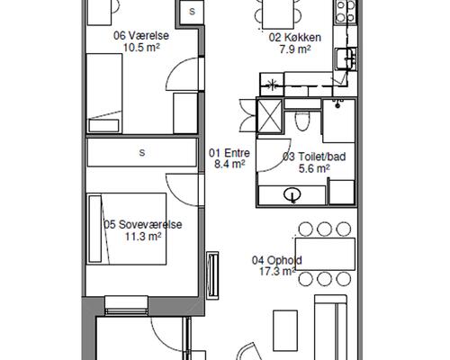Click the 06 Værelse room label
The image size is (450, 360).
click(x=141, y=36)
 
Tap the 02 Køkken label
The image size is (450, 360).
click(x=295, y=38)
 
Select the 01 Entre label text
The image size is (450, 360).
click(x=229, y=153)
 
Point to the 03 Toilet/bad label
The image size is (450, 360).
click(x=314, y=157)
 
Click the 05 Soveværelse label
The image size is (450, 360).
click(x=143, y=224)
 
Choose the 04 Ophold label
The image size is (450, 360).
click(x=277, y=260)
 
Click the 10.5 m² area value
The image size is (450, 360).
click(x=141, y=48)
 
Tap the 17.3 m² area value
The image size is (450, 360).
click(x=277, y=272)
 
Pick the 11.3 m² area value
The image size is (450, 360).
click(x=143, y=237)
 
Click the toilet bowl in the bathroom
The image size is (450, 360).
click(x=302, y=121)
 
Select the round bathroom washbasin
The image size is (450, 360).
click(x=292, y=194)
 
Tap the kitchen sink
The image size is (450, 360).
click(x=346, y=58)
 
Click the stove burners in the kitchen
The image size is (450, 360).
click(x=346, y=11)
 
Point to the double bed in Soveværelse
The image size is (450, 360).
click(x=126, y=229)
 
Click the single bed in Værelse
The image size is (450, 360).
click(x=104, y=93)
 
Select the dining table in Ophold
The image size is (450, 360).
click(x=325, y=254)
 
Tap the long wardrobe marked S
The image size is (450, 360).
click(x=142, y=152)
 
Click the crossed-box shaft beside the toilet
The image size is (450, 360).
click(x=270, y=116)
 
